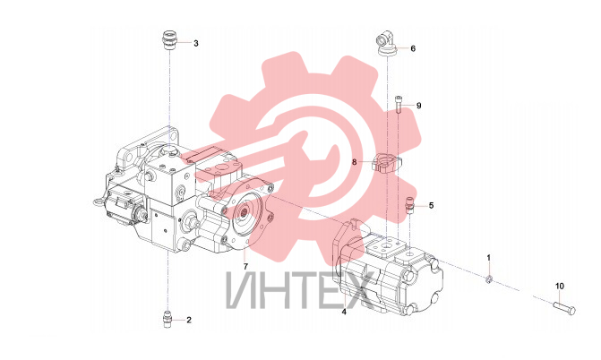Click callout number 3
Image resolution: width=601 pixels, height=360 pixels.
pyautogui.click(x=196, y=43)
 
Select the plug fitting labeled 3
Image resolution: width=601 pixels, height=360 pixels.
pyautogui.click(x=168, y=41)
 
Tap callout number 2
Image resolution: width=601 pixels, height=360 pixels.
pyautogui.click(x=189, y=320)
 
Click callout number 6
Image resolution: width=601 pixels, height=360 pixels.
pyautogui.click(x=413, y=48)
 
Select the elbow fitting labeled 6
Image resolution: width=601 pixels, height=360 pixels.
pyautogui.click(x=386, y=43)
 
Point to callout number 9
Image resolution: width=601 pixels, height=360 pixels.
pyautogui.click(x=418, y=106)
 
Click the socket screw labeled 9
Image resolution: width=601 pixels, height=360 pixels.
pyautogui.click(x=399, y=104)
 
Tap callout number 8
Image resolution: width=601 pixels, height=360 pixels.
pyautogui.click(x=354, y=162)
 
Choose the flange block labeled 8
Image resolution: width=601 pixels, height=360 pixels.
pyautogui.click(x=386, y=162)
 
